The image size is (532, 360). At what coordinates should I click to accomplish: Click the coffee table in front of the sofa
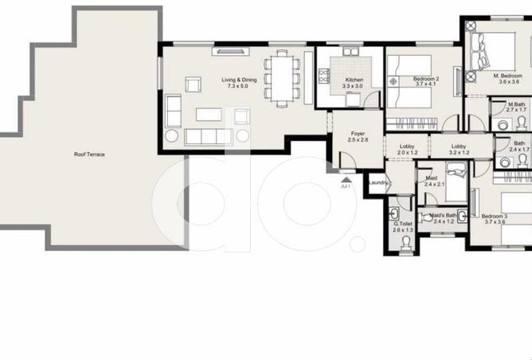click(209, 114)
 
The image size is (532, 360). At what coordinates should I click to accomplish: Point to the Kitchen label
click(354, 82)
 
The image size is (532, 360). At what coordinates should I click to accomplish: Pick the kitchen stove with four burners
click(323, 76)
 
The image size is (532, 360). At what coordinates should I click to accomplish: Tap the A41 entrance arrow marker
click(346, 183)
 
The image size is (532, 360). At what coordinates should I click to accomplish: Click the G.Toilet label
click(402, 226)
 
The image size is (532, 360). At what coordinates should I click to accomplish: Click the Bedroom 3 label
click(494, 219)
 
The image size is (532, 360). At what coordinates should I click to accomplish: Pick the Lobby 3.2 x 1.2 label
click(459, 149)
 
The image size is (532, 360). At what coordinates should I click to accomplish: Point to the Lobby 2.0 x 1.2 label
click(408, 149)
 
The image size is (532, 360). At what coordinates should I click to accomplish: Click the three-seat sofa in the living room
click(209, 137)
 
